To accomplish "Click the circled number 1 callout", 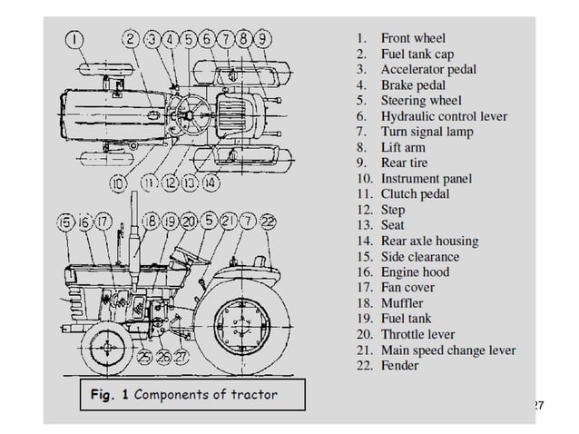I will [x=75, y=39].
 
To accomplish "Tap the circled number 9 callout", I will [x=262, y=39].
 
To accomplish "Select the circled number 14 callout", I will [x=210, y=182].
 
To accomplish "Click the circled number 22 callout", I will [x=270, y=221].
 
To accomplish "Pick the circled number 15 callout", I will [x=65, y=221].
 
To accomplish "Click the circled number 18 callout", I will [x=152, y=221].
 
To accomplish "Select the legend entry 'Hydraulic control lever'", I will [x=443, y=116].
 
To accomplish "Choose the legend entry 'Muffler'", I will [x=401, y=303].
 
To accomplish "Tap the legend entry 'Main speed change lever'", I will [x=447, y=350].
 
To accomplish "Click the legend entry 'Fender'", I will [x=399, y=365].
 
